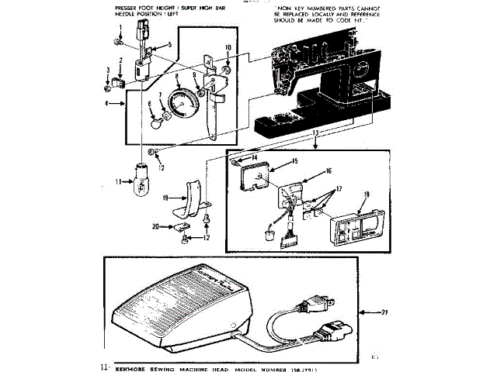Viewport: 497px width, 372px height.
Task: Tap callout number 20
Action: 156,227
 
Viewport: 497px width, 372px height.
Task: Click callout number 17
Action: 338,188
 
